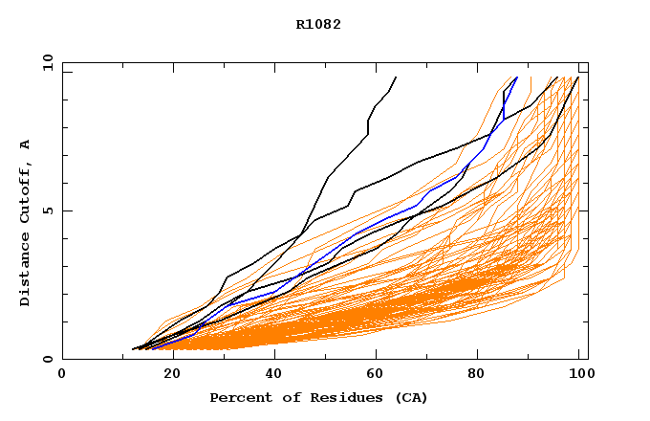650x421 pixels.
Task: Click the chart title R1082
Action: point(318,25)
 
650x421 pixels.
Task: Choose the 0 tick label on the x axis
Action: point(62,373)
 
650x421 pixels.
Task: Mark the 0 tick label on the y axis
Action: point(49,360)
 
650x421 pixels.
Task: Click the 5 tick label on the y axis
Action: point(49,210)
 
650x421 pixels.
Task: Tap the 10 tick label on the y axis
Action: point(46,62)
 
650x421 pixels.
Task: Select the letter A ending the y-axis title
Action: point(26,144)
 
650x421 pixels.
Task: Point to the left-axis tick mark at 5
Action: point(66,210)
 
